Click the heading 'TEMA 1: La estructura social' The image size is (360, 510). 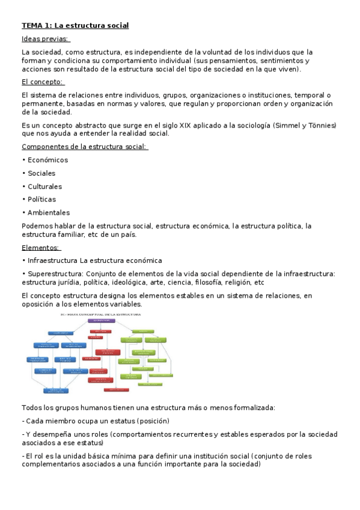(x=75, y=25)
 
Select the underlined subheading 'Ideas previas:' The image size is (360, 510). (x=45, y=39)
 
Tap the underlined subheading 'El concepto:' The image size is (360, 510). (x=43, y=82)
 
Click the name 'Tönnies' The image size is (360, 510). (x=321, y=125)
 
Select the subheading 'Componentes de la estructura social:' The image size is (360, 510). (x=85, y=147)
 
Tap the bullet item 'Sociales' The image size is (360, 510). (x=41, y=173)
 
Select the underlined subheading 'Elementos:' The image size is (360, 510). (x=41, y=247)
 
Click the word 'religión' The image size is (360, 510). (x=240, y=282)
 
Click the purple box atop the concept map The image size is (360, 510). (x=102, y=321)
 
